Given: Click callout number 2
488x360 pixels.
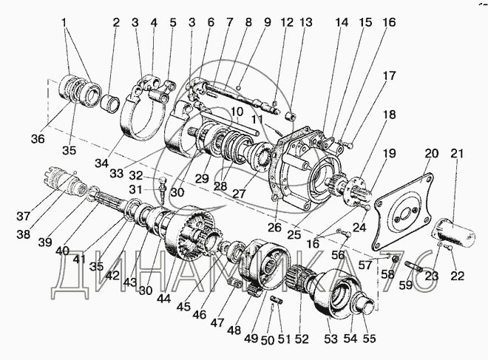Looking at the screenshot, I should (116, 23).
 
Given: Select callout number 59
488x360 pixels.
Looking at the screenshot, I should (407, 285).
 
